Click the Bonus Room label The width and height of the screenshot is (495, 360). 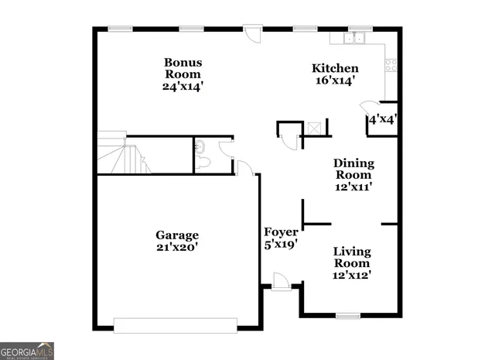pos(183,68)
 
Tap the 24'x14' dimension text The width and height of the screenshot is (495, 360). pos(183,87)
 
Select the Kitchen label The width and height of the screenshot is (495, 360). pos(335,68)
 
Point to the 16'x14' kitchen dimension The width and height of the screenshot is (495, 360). pos(335,81)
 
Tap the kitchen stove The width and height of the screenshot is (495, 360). pos(391,66)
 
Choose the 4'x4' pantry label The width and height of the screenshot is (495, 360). pos(382,120)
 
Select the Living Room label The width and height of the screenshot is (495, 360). pos(352,257)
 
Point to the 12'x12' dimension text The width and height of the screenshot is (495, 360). pos(352,275)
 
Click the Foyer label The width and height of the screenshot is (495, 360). pos(281,231)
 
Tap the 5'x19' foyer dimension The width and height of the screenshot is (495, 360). pos(281,244)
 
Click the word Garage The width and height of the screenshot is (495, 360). pos(177,235)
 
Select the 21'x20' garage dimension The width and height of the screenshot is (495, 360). pos(177,248)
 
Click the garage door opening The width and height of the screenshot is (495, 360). pos(175,325)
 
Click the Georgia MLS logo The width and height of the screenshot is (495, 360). pos(27,350)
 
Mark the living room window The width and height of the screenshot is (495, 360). pos(348,315)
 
